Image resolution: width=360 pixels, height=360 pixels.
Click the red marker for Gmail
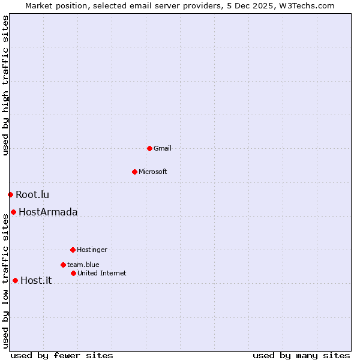pyautogui.click(x=149, y=148)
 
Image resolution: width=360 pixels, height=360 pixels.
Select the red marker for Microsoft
pyautogui.click(x=134, y=172)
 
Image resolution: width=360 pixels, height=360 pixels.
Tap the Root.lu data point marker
pyautogui.click(x=10, y=194)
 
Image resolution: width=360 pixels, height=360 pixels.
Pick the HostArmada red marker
pyautogui.click(x=13, y=212)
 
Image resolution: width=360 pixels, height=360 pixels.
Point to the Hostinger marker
pyautogui.click(x=73, y=250)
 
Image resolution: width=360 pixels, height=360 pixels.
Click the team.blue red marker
pyautogui.click(x=63, y=265)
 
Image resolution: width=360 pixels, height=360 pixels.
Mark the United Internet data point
pyautogui.click(x=73, y=273)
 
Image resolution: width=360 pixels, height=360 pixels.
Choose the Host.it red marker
pyautogui.click(x=15, y=280)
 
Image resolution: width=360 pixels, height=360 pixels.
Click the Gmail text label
pyautogui.click(x=163, y=148)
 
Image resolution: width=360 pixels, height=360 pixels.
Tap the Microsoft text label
pyautogui.click(x=153, y=172)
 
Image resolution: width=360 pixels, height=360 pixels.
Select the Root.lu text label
pyautogui.click(x=32, y=194)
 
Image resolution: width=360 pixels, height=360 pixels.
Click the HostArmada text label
pyautogui.click(x=48, y=212)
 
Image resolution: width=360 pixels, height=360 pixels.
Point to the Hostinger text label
pyautogui.click(x=92, y=250)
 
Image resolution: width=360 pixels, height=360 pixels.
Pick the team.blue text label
pyautogui.click(x=83, y=265)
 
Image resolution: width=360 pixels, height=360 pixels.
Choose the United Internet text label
pyautogui.click(x=102, y=273)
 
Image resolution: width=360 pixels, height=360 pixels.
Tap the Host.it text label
pyautogui.click(x=36, y=280)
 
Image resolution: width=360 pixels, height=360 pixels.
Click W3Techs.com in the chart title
pyautogui.click(x=307, y=5)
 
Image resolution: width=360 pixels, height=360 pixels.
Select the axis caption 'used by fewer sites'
pyautogui.click(x=62, y=355)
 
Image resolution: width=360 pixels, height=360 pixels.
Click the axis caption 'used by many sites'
pyautogui.click(x=301, y=355)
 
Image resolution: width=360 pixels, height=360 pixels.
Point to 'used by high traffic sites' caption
pyautogui.click(x=5, y=85)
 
